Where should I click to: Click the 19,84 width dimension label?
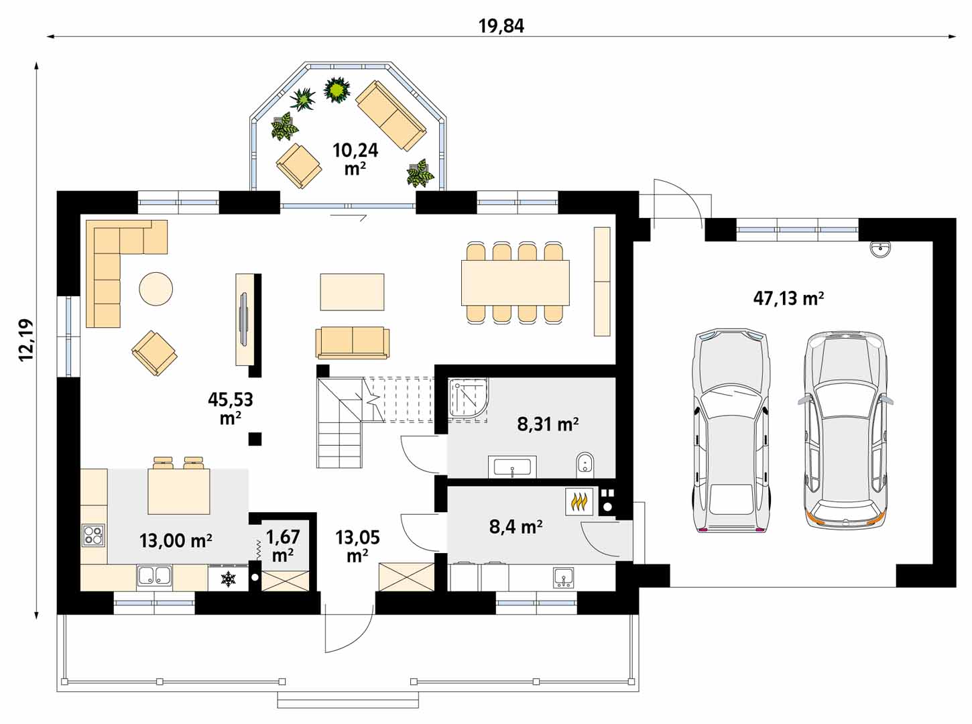[501, 26]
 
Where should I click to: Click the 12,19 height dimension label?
[26, 340]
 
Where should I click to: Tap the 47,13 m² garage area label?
[788, 298]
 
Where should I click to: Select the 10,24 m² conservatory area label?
[355, 158]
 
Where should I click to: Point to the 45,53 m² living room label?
[230, 408]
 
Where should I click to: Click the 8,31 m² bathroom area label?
[548, 424]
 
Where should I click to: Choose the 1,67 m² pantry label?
[283, 546]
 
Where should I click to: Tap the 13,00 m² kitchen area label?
[176, 540]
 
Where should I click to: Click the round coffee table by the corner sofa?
[156, 289]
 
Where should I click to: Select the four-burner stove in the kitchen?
[93, 534]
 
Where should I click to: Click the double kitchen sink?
[155, 576]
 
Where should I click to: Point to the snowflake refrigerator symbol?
[229, 579]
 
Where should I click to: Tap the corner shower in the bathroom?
[469, 400]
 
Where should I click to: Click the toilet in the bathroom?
[585, 463]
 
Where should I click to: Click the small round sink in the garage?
[880, 249]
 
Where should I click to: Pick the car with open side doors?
[845, 429]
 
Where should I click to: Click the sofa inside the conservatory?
[390, 116]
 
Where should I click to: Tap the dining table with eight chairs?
[515, 282]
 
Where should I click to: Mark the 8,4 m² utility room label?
[515, 527]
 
